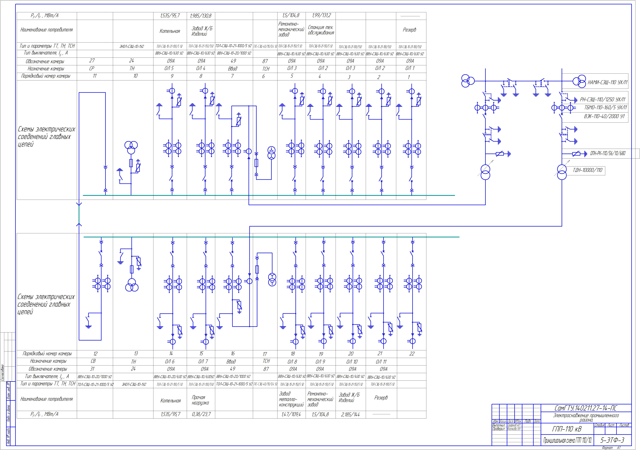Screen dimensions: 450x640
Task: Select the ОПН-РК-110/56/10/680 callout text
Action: (x=608, y=153)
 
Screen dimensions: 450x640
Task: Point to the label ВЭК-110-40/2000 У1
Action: (x=604, y=116)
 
